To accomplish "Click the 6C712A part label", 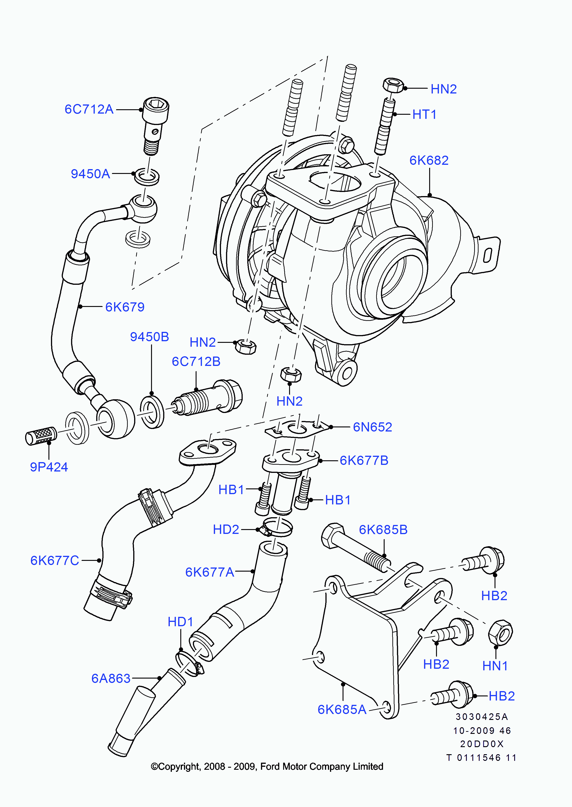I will (89, 109).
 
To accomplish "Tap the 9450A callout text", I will (90, 174).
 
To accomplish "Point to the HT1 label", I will (424, 115).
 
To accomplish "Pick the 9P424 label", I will (49, 467).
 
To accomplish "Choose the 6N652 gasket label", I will (372, 427).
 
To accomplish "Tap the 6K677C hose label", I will (55, 560).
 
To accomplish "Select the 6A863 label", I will (111, 678).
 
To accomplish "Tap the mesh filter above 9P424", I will (41, 436).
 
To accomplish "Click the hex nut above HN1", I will (500, 633).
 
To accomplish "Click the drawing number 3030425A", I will (482, 717).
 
